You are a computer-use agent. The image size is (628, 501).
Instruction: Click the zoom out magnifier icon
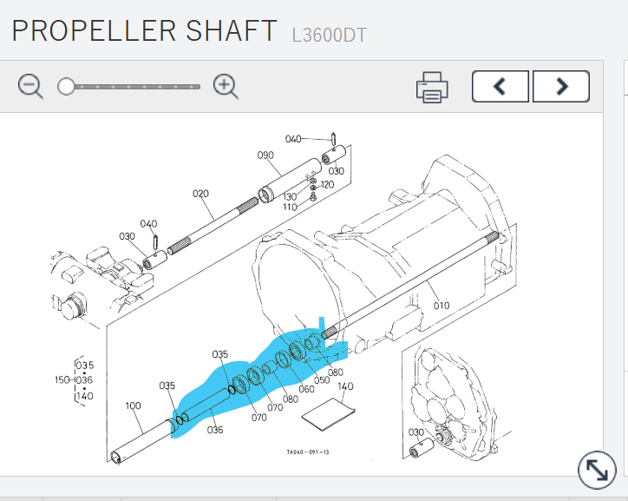(30, 86)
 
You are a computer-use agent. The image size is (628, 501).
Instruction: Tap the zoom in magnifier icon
(226, 86)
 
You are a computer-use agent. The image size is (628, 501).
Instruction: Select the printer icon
(432, 88)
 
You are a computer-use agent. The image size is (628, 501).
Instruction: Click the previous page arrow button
(500, 86)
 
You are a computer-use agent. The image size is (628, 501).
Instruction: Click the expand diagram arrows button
(597, 470)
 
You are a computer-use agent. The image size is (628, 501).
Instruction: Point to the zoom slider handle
(66, 86)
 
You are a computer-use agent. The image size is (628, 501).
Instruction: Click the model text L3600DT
(329, 36)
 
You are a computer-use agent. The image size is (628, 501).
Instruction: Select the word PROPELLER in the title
(95, 30)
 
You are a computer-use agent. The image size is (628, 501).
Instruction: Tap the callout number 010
(442, 306)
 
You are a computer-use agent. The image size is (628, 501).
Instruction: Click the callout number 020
(200, 194)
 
